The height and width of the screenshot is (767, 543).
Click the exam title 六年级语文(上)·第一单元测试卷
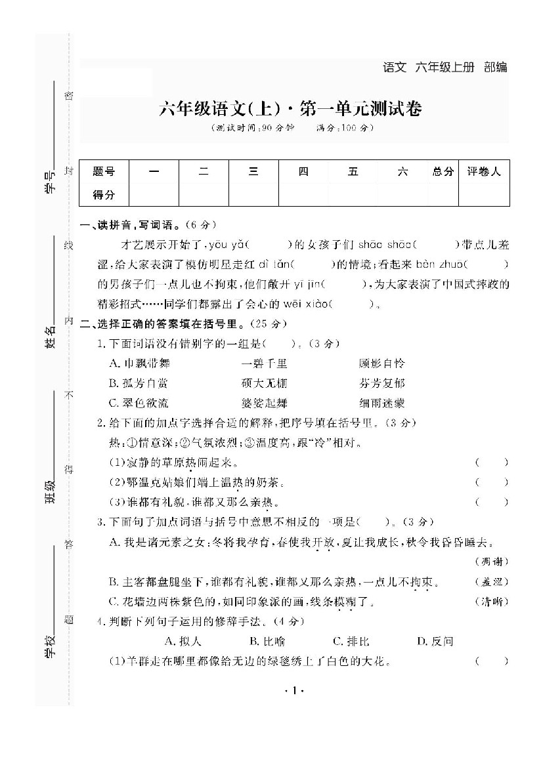click(290, 109)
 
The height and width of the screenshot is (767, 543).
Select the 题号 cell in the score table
click(104, 172)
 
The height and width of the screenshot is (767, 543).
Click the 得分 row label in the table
click(104, 194)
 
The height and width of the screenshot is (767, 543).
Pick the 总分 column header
click(443, 172)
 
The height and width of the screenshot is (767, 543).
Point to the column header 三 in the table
click(253, 172)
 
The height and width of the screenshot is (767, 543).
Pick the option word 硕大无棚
click(264, 383)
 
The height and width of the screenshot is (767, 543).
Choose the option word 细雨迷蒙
click(382, 403)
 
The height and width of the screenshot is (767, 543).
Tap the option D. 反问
click(435, 641)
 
